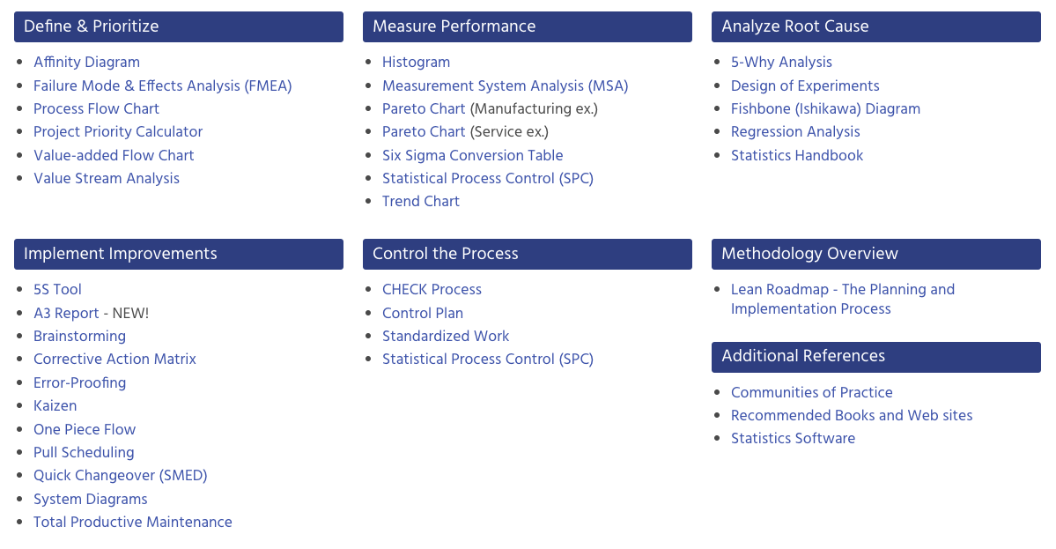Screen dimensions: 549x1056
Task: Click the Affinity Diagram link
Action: (86, 63)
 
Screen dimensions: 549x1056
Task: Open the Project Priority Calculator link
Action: (118, 132)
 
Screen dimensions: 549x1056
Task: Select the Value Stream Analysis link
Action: (107, 179)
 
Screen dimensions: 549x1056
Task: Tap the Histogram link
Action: (416, 63)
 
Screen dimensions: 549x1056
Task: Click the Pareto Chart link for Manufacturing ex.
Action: (424, 109)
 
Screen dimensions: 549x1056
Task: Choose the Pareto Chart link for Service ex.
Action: (424, 132)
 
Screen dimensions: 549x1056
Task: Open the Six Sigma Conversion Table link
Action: (472, 156)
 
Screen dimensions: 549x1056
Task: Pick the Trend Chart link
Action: (421, 202)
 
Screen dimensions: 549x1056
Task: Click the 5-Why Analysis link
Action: (781, 63)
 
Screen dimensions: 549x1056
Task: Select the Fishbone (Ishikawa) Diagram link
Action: (825, 109)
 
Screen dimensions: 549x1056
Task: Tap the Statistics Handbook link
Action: (797, 156)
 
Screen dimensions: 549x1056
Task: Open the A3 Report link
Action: (66, 314)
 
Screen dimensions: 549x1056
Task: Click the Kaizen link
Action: (55, 406)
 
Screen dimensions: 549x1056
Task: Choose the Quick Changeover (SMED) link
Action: (121, 476)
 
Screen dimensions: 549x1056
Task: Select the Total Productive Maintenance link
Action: (133, 523)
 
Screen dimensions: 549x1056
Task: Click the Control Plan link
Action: (423, 314)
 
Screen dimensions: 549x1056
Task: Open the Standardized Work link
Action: (446, 337)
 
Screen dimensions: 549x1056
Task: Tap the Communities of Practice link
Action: (812, 393)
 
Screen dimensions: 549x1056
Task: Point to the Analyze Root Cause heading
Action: (794, 26)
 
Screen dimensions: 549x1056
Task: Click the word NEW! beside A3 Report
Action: (130, 314)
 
